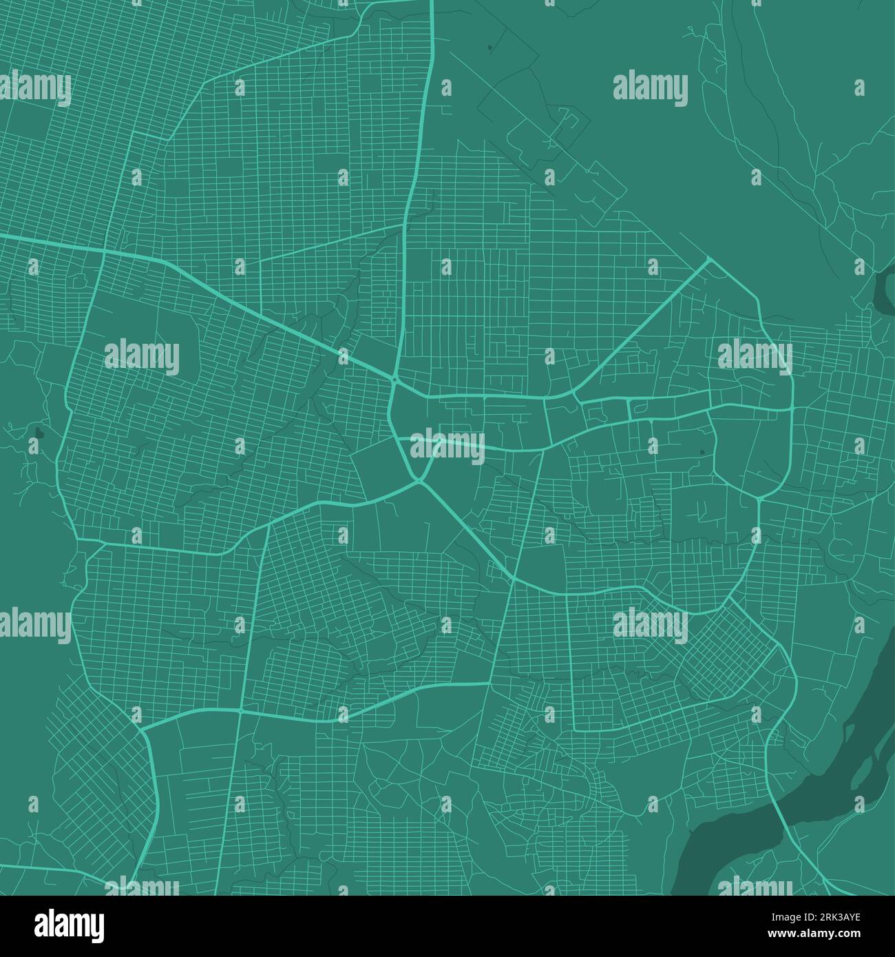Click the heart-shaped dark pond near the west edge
tap(36, 434)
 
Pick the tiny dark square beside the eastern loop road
tap(701, 453)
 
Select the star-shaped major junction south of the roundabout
tap(419, 481)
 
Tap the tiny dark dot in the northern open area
tap(489, 48)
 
